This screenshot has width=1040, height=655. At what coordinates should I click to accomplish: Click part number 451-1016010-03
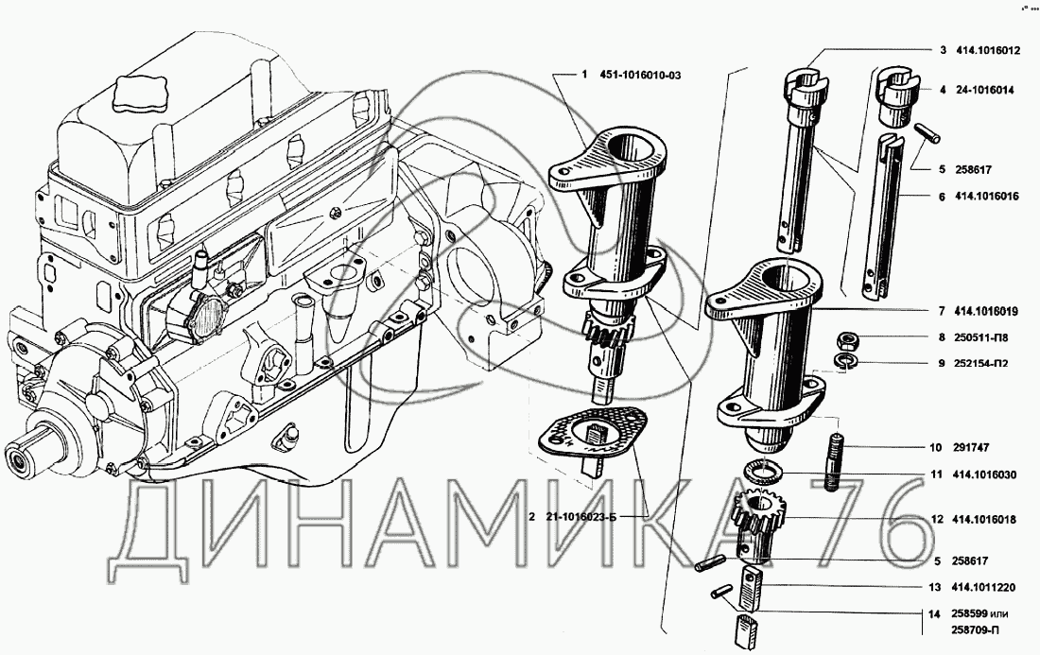(640, 75)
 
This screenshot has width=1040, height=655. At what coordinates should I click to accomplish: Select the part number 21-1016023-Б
(581, 517)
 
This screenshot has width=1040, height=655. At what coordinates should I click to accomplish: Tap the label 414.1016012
(988, 50)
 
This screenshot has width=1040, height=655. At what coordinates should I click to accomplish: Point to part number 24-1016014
(985, 91)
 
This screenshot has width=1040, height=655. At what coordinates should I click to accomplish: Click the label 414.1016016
(988, 197)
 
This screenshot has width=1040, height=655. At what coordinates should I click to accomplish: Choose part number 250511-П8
(981, 337)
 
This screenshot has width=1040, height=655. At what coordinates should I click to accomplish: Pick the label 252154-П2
(981, 363)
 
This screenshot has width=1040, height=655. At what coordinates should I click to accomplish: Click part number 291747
(972, 447)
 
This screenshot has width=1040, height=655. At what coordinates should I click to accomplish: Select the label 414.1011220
(985, 587)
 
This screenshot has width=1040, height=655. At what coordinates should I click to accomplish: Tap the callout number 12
(937, 520)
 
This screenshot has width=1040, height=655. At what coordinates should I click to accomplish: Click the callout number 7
(942, 310)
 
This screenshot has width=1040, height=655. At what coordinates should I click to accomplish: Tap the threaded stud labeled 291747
(835, 461)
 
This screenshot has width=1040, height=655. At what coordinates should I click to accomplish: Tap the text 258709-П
(975, 630)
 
